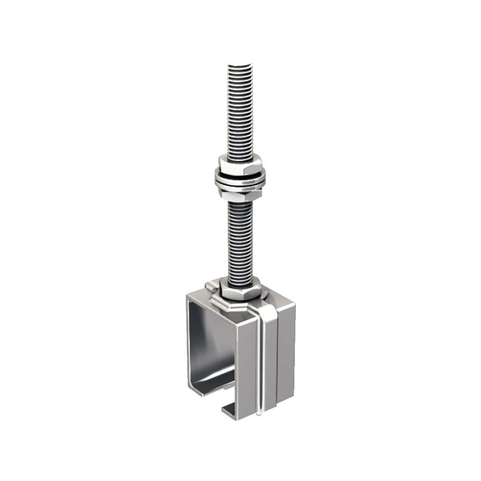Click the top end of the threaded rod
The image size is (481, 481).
(240, 67)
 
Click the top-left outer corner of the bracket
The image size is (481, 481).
(188, 293)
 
